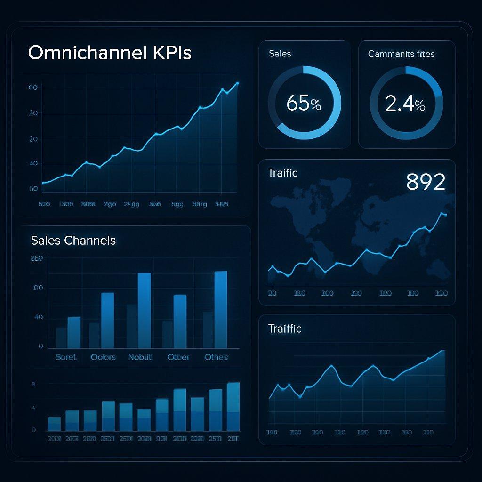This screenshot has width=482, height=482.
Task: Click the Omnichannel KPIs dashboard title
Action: click(x=110, y=53)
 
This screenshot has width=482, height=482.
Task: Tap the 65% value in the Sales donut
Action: click(x=304, y=103)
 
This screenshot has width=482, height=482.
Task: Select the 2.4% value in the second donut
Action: click(x=405, y=103)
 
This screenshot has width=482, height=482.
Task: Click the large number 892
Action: click(x=426, y=182)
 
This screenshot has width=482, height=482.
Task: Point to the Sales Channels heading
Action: click(x=73, y=241)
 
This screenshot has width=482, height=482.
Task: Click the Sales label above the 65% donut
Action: click(x=280, y=54)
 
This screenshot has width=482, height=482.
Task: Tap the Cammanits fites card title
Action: click(x=401, y=54)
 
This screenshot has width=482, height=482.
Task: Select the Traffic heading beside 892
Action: click(x=282, y=173)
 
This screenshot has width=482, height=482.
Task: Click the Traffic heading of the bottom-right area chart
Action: click(x=284, y=328)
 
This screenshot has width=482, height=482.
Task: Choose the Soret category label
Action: click(x=65, y=357)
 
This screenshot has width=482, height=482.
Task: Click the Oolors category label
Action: click(x=103, y=357)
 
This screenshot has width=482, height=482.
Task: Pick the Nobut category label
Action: click(x=140, y=357)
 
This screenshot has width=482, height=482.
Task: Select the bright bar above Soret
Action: click(x=74, y=332)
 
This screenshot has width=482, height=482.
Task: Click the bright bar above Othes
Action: click(x=220, y=309)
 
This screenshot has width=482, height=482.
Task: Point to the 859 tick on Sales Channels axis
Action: click(x=36, y=258)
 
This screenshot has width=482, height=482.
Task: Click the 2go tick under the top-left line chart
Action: click(x=110, y=204)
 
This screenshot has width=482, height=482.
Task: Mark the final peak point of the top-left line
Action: click(x=237, y=83)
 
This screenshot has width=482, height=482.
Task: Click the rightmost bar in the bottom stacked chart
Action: click(x=233, y=407)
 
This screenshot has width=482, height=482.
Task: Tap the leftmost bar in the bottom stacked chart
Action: click(x=54, y=424)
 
